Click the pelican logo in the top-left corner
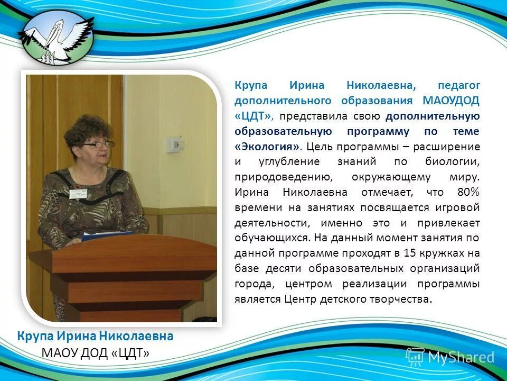tap(56, 36)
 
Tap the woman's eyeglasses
tap(99, 143)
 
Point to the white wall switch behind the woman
tap(173, 144)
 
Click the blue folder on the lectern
tap(108, 235)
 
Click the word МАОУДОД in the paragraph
tap(451, 101)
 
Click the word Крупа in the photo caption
tap(35, 336)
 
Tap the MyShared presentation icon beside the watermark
tap(415, 357)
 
